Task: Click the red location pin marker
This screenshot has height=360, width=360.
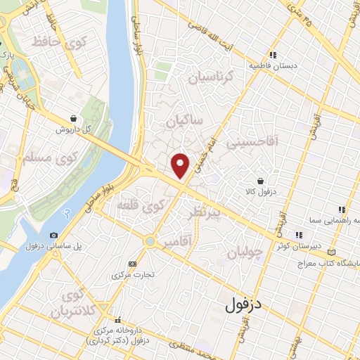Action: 181,165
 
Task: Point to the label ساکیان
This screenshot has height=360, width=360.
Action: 184,122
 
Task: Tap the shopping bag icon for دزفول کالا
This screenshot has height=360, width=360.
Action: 261,181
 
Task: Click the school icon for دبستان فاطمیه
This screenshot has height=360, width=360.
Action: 273,55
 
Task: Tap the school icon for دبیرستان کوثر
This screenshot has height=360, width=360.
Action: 299,235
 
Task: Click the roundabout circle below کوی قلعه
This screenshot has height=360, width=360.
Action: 149,241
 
